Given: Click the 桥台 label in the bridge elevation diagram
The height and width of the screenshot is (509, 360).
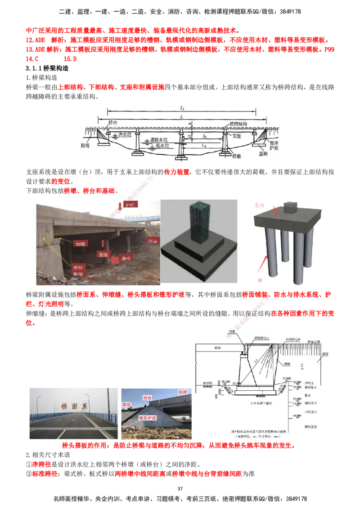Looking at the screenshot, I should pyautogui.click(x=114, y=123).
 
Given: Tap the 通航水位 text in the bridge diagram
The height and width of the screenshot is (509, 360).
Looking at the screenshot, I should pyautogui.click(x=160, y=140).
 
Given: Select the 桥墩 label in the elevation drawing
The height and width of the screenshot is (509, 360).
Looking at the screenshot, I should pyautogui.click(x=237, y=156).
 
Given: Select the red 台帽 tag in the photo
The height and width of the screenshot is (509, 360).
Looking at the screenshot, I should pyautogui.click(x=80, y=244).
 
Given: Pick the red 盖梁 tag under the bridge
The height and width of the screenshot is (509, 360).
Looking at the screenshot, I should pyautogui.click(x=103, y=254).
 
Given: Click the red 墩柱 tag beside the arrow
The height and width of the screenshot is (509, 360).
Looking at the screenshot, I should pyautogui.click(x=127, y=259).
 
